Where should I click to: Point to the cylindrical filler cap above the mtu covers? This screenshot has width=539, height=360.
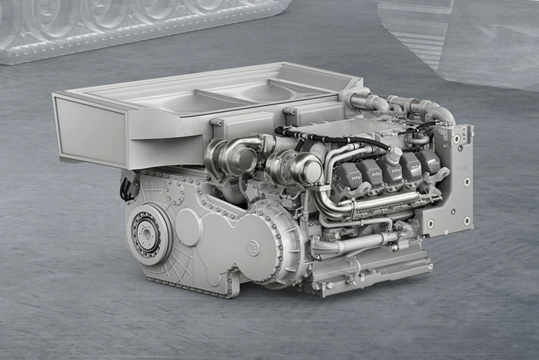[394, 155]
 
